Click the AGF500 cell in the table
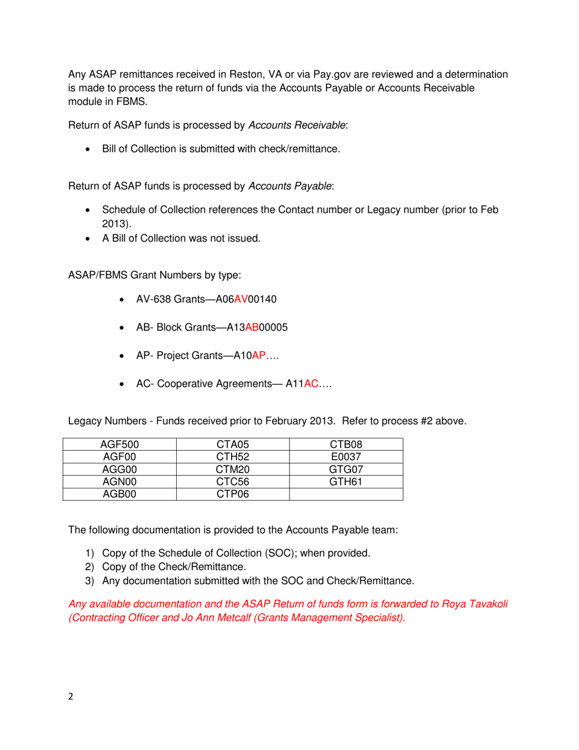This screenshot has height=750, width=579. (119, 445)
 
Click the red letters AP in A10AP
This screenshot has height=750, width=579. (258, 356)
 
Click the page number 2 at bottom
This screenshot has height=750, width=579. (71, 697)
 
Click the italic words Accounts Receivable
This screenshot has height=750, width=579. (299, 126)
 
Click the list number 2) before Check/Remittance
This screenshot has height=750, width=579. (90, 567)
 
